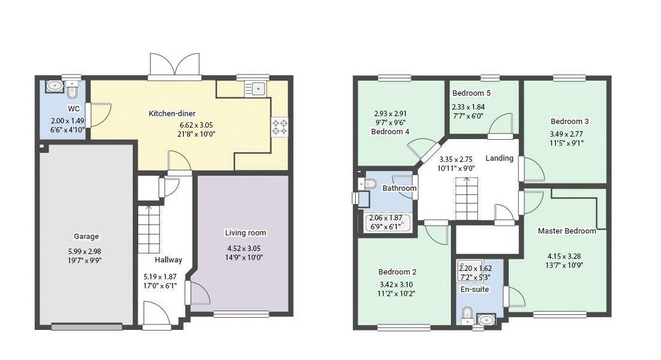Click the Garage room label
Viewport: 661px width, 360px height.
click(x=87, y=237)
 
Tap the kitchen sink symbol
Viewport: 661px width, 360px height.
click(x=255, y=88)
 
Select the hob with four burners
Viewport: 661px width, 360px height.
click(x=280, y=127)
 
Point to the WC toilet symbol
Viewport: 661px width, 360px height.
click(x=72, y=89)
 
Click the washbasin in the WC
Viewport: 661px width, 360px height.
click(x=55, y=85)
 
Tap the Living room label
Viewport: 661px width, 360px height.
click(x=246, y=233)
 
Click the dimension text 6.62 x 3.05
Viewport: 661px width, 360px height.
click(x=196, y=125)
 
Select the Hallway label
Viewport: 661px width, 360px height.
click(x=168, y=260)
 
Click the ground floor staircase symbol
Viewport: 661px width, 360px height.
click(x=149, y=229)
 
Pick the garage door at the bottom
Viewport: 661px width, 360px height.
click(x=87, y=327)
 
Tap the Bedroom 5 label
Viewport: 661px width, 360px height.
click(x=471, y=93)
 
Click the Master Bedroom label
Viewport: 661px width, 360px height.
click(x=567, y=231)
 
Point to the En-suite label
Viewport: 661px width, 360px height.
click(x=474, y=290)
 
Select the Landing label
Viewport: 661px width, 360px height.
click(x=500, y=158)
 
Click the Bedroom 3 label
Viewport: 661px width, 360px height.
click(x=569, y=122)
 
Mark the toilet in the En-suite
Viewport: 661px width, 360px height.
click(x=467, y=315)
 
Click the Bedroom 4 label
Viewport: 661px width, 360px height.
click(x=390, y=131)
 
